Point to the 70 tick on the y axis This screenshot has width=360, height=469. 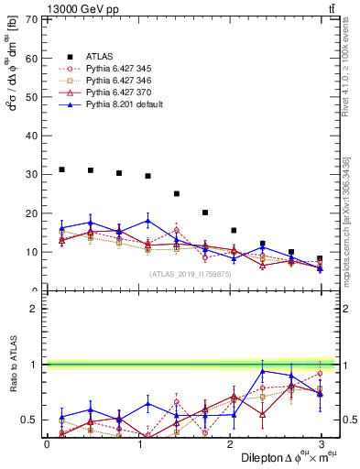click(x=31, y=19)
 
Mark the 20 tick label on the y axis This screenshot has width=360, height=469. click(x=31, y=213)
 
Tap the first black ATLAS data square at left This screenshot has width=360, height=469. click(x=61, y=169)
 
